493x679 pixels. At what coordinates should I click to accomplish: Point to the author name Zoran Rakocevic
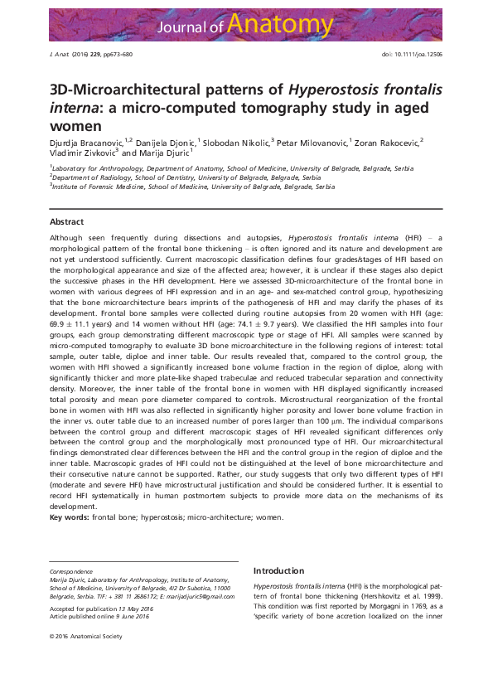[388, 142]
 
